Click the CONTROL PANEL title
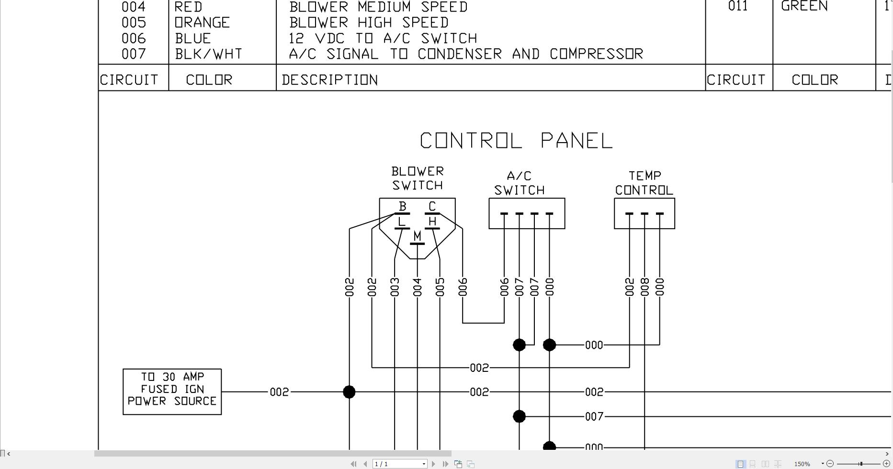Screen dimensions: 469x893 tap(516, 141)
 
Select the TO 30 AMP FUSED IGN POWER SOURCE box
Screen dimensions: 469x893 tap(172, 391)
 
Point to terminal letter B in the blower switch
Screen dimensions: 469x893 tap(402, 206)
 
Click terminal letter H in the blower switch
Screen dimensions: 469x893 tap(432, 222)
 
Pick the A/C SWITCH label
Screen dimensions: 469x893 tap(520, 183)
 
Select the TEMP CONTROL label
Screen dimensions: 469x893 tap(644, 183)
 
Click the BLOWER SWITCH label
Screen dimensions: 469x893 tap(418, 179)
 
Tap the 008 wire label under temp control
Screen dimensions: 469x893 tap(644, 287)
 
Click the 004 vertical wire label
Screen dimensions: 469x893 tap(418, 287)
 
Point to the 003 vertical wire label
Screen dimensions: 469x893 tap(395, 287)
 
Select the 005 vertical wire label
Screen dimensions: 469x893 tap(440, 287)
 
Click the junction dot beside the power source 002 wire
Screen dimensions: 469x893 tap(350, 392)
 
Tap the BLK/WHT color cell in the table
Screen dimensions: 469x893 tap(209, 54)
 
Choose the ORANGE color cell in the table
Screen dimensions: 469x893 tap(203, 22)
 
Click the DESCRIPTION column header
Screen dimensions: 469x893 tap(330, 80)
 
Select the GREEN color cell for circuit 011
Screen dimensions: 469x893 tap(804, 6)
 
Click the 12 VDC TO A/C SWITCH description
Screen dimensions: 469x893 tap(383, 38)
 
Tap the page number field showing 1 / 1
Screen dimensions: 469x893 tap(399, 464)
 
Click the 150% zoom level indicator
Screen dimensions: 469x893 tap(802, 464)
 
